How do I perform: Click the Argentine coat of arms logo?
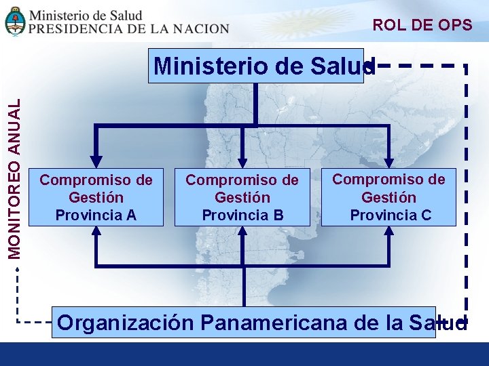(x=15, y=21)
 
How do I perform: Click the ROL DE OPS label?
(x=422, y=25)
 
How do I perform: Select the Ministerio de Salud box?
(x=256, y=66)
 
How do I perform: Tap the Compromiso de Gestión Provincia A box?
(x=96, y=197)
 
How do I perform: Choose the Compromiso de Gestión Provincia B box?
(x=242, y=197)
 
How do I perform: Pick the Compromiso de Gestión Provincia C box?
(x=388, y=197)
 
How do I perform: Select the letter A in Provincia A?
(x=132, y=215)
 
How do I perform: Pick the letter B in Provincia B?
(x=278, y=215)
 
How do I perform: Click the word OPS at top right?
(x=455, y=25)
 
